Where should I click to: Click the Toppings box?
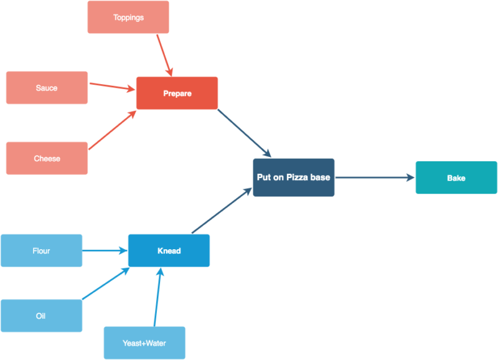pyautogui.click(x=128, y=17)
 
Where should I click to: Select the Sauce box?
pyautogui.click(x=47, y=88)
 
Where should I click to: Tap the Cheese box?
pyautogui.click(x=47, y=158)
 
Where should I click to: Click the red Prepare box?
pyautogui.click(x=177, y=93)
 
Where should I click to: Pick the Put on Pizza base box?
pyautogui.click(x=293, y=178)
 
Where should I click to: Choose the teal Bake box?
pyautogui.click(x=456, y=178)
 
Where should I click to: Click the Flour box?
pyautogui.click(x=41, y=250)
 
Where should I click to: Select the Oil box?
pyautogui.click(x=41, y=316)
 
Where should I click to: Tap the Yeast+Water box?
pyautogui.click(x=144, y=343)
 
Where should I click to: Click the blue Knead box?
pyautogui.click(x=169, y=250)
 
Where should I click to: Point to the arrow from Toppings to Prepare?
pyautogui.click(x=164, y=55)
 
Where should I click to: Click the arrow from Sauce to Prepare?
pyautogui.click(x=112, y=86)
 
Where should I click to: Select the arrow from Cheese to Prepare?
pyautogui.click(x=112, y=131)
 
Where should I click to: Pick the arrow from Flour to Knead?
pyautogui.click(x=105, y=250)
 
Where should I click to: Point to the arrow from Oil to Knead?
pyautogui.click(x=106, y=283)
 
